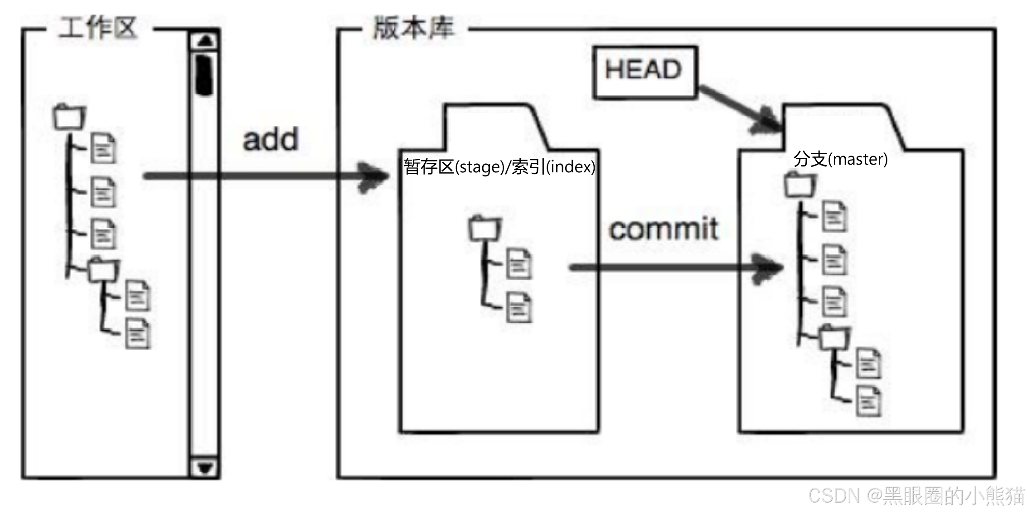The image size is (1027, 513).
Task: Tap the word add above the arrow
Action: point(271,139)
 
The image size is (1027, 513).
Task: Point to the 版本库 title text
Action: point(413,28)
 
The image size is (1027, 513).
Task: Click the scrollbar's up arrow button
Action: point(205,40)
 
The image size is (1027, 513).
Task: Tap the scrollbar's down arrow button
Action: point(205,467)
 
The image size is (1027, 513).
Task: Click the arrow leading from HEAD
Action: point(739,109)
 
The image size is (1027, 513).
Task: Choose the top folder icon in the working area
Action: point(69,117)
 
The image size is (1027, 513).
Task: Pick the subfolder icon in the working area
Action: point(103,270)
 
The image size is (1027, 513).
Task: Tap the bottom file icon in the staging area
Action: point(519,307)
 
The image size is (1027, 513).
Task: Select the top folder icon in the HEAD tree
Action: point(800,184)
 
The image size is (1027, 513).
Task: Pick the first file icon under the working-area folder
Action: point(103,148)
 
